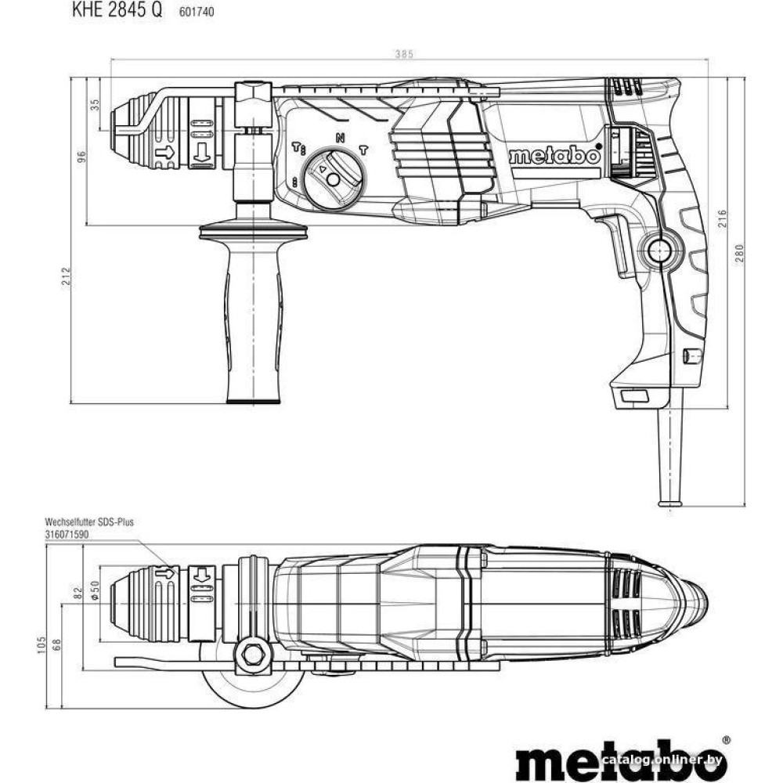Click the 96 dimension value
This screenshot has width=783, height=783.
[81, 157]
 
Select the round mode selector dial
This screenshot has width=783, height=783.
[334, 179]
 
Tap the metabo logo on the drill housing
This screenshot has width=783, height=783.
[555, 156]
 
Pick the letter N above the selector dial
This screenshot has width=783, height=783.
[340, 137]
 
